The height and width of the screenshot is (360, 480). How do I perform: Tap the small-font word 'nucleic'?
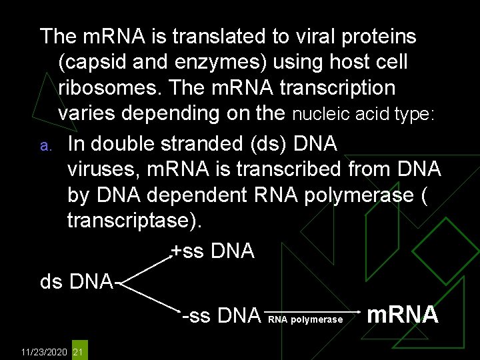(319, 114)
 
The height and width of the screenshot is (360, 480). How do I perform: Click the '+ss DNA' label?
(212, 251)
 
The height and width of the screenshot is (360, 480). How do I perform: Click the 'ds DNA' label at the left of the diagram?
(76, 281)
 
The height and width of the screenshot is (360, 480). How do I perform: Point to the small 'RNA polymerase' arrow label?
(305, 319)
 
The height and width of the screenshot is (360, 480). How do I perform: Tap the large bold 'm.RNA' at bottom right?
(403, 314)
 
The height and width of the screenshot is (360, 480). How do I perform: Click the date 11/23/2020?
(44, 351)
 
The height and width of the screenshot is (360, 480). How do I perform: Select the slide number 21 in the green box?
(78, 351)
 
